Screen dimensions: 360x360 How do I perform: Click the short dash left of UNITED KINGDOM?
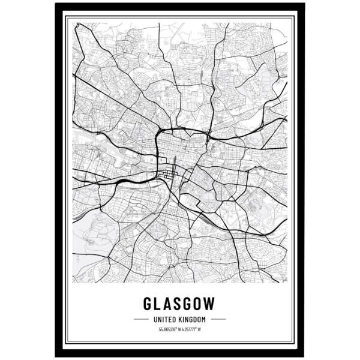click(x=140, y=319)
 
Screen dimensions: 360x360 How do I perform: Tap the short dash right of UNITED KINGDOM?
click(x=218, y=319)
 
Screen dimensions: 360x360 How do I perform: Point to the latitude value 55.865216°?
click(x=169, y=329)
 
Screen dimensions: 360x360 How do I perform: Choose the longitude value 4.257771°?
click(x=194, y=329)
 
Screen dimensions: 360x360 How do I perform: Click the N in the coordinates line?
click(x=181, y=329)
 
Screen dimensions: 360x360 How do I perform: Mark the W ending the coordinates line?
click(x=206, y=329)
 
